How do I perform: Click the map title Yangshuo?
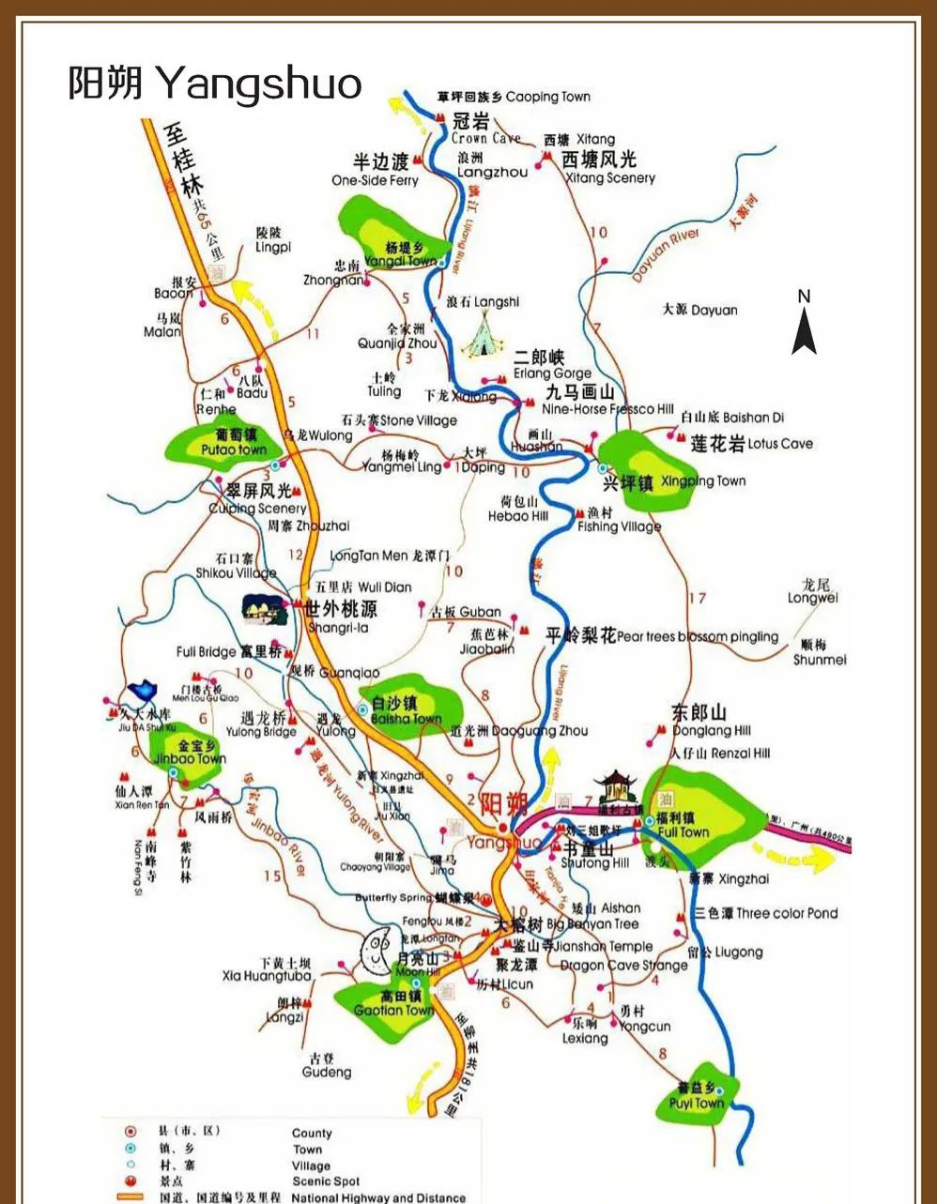pos(214,83)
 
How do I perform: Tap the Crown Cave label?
pos(484,138)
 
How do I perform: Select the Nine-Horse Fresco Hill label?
pos(607,409)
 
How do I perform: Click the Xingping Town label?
pos(702,481)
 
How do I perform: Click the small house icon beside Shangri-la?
pos(263,609)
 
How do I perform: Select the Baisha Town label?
pos(406,719)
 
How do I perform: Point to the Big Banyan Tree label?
pos(592,924)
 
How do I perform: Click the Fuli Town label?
pos(683,832)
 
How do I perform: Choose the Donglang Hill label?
pos(711,731)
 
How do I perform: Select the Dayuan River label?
pos(665,255)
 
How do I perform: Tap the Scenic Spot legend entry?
pos(325,1181)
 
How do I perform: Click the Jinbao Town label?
pos(191,758)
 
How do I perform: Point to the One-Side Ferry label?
pos(375,180)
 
